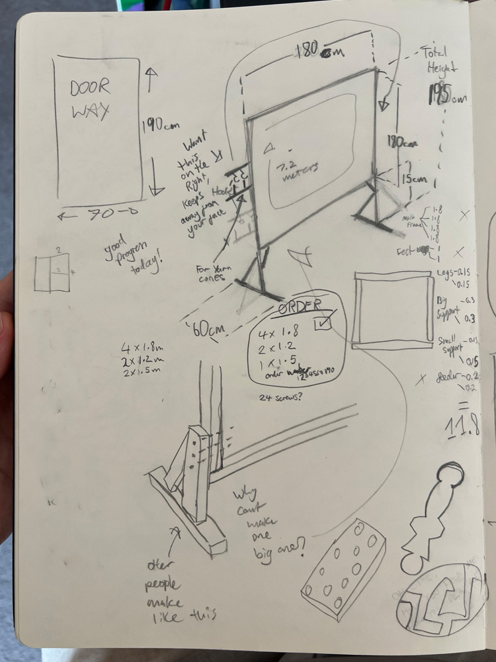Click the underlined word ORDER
coord(298,307)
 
